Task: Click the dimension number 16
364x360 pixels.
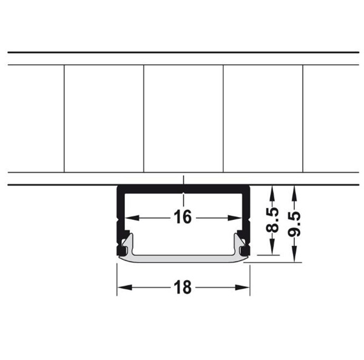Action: click(183, 217)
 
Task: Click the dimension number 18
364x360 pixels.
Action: click(183, 287)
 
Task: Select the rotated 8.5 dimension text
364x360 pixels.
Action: click(272, 220)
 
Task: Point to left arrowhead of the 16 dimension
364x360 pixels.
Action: click(132, 218)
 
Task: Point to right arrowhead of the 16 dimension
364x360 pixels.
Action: click(235, 218)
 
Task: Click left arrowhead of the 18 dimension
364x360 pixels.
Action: click(124, 288)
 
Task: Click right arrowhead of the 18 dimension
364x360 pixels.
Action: click(242, 288)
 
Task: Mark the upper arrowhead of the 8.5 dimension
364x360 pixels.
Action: click(272, 193)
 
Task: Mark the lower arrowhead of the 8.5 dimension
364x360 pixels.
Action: click(272, 247)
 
